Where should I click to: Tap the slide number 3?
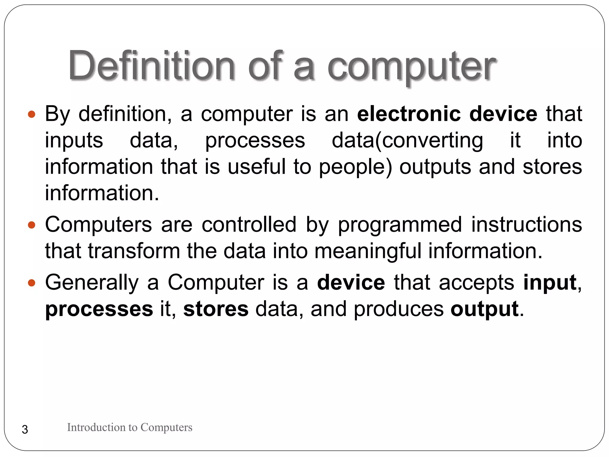[25, 430]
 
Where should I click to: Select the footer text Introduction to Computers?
[130, 427]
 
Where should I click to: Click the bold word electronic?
[409, 114]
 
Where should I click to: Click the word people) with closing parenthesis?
[356, 167]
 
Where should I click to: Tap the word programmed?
[400, 225]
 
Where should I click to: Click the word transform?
[134, 251]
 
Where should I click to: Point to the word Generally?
[92, 283]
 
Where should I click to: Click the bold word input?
[550, 283]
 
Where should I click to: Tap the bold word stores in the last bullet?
[216, 309]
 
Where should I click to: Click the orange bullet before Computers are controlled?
[32, 225]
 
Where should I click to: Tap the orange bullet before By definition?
[32, 114]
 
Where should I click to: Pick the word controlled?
[249, 225]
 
